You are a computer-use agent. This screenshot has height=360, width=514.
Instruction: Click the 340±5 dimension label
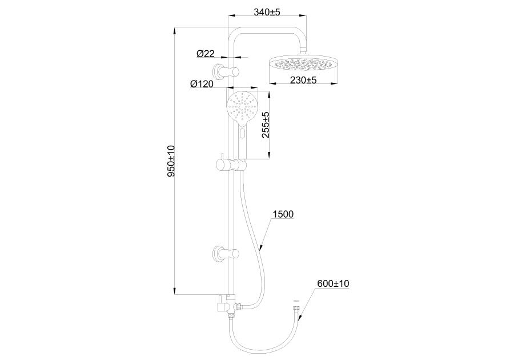click(267, 12)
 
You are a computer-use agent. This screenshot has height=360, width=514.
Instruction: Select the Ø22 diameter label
click(206, 54)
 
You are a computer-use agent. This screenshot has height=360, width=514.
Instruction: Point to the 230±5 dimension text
click(303, 79)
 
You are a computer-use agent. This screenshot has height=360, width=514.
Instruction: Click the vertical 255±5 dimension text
click(266, 125)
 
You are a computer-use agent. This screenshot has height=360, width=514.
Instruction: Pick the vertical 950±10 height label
click(171, 161)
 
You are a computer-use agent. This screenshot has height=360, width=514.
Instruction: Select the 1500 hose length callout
click(283, 214)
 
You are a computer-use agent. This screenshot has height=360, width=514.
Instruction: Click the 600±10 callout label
click(333, 283)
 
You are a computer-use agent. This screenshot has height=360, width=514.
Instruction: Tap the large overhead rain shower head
click(303, 64)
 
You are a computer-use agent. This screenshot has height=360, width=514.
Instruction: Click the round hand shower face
click(242, 108)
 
